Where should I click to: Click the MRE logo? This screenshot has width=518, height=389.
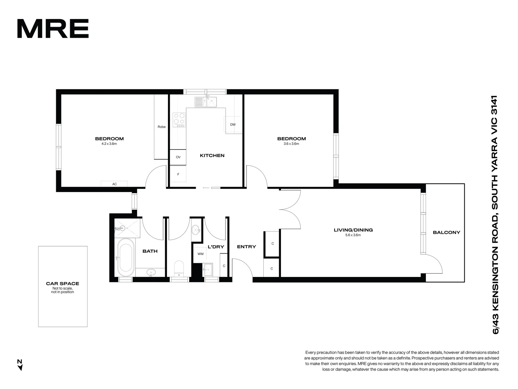point(53,29)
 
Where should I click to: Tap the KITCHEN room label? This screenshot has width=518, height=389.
point(212,156)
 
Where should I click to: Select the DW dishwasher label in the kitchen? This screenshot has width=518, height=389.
point(233,125)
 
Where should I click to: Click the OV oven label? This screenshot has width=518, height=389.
point(178,157)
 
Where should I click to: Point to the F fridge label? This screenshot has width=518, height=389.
point(178,174)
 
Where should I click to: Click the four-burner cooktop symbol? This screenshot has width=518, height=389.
point(179,120)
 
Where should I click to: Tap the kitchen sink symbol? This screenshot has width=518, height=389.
point(205,102)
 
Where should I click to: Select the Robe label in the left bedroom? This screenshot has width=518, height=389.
point(162,127)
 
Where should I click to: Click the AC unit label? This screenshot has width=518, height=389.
point(114,184)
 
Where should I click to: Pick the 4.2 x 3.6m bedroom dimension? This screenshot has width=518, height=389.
point(109,144)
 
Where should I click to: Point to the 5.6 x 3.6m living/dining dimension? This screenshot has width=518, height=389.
point(353,235)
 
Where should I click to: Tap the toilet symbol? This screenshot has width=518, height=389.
point(179,268)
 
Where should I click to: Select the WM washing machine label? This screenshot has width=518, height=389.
point(200,254)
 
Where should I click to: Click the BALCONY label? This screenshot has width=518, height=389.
point(446,232)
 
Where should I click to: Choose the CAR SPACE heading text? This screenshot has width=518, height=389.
point(63,283)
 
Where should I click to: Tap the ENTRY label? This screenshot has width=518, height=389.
point(246,247)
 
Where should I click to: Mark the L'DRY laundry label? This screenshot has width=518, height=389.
point(216,247)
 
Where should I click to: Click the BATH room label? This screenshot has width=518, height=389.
point(150,251)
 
